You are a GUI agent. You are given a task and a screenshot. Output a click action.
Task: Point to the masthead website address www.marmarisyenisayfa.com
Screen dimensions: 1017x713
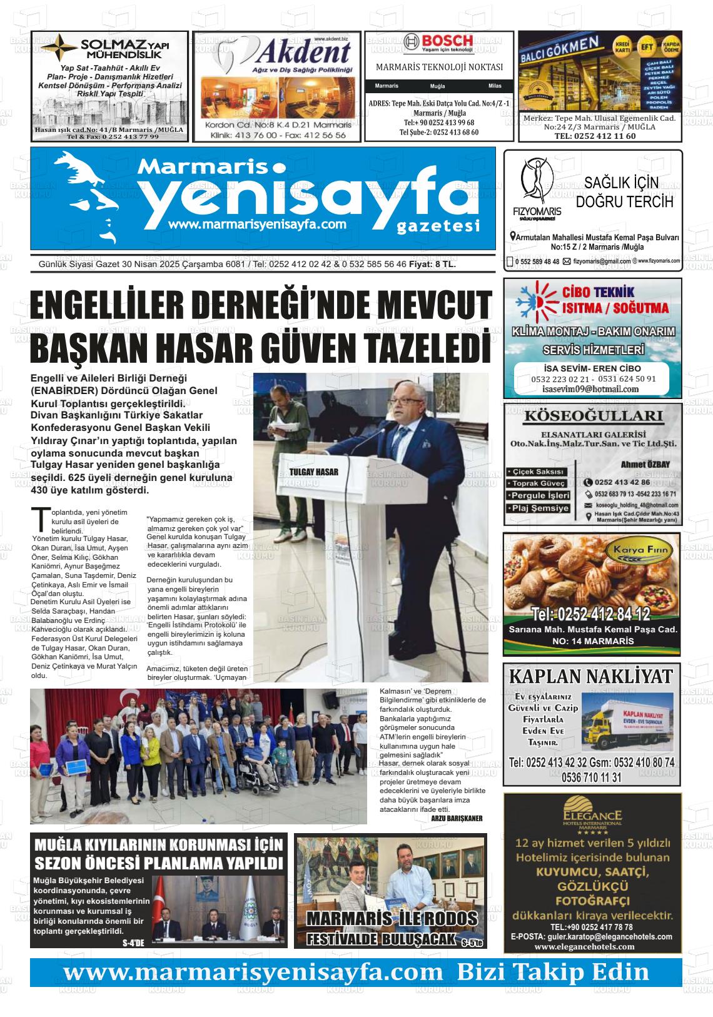tap(258, 224)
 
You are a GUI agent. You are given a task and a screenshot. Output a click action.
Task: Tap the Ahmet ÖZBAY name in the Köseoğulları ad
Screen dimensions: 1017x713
tap(645, 464)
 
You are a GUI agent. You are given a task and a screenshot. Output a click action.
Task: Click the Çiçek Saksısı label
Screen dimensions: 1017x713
tap(537, 472)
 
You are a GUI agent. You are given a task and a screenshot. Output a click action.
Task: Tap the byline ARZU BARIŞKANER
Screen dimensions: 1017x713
tap(457, 817)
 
